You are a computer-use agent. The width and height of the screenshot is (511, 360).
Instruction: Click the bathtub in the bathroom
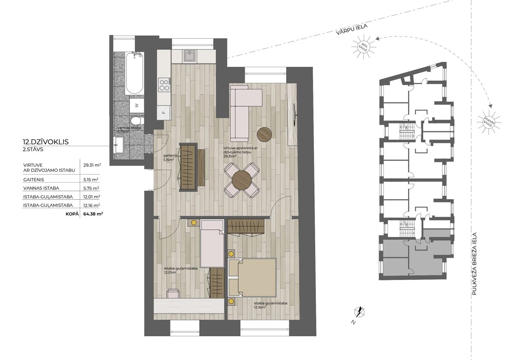[135, 73]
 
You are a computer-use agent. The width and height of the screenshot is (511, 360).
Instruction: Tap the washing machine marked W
[137, 106]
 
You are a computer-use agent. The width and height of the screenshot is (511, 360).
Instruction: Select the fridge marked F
[164, 113]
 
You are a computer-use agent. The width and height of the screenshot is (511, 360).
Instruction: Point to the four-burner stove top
[164, 85]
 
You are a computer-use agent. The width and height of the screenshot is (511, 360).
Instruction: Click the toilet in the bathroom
[136, 121]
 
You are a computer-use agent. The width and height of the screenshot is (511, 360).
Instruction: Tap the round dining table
[241, 180]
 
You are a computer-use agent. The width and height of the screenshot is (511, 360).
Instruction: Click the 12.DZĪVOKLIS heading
[46, 142]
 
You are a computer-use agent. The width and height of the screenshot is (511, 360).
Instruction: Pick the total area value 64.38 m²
[93, 214]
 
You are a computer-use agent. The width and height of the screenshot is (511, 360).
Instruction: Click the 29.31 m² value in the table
[92, 165]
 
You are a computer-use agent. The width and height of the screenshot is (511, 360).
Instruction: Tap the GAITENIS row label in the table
[34, 180]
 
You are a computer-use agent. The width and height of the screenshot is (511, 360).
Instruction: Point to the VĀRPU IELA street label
[352, 29]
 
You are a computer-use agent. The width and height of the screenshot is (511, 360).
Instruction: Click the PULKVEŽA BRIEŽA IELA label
[474, 263]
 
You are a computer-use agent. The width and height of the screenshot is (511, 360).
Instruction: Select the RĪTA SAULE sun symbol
[363, 47]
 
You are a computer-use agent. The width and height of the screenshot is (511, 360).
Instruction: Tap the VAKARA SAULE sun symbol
[489, 123]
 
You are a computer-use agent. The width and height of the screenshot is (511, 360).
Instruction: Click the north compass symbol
[359, 312]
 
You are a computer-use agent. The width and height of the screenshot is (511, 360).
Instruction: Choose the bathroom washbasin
[118, 145]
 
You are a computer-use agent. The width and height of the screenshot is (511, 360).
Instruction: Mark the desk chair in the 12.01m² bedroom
[173, 294]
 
